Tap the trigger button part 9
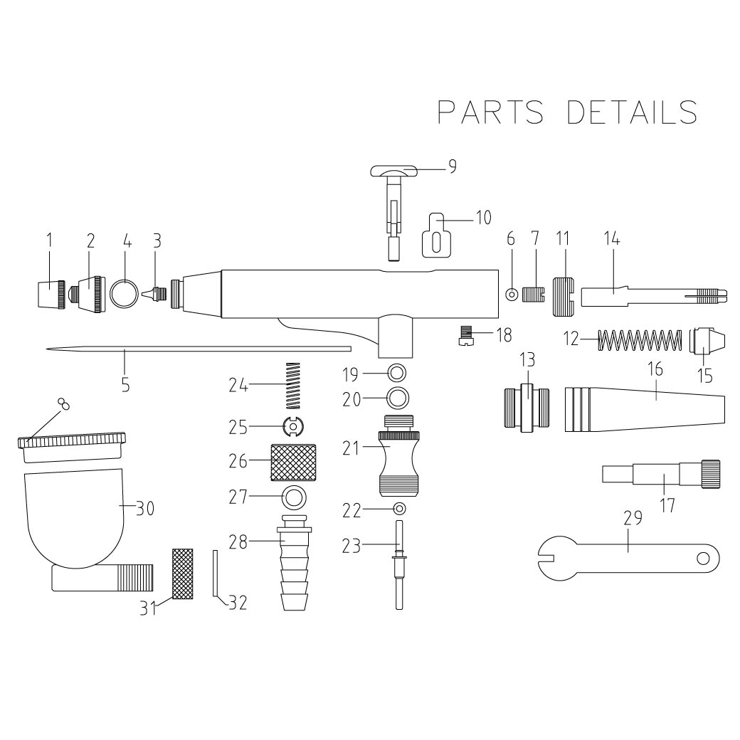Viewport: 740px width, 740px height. (x=393, y=173)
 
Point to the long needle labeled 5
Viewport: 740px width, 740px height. (x=199, y=349)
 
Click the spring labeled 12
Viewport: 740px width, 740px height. (x=636, y=340)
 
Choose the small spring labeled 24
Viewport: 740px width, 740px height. (x=293, y=385)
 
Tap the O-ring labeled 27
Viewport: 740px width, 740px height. (x=294, y=496)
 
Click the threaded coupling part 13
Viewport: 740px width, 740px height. (x=527, y=408)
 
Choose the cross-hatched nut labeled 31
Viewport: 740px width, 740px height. (x=184, y=573)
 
